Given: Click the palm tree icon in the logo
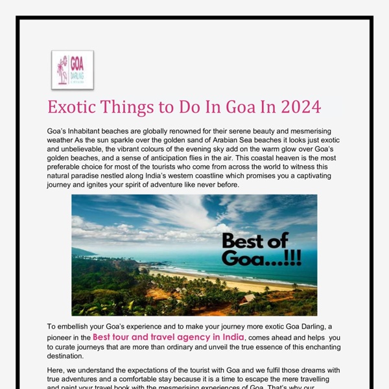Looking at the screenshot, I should tap(62, 69).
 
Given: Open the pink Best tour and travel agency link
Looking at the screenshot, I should tap(169, 337).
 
